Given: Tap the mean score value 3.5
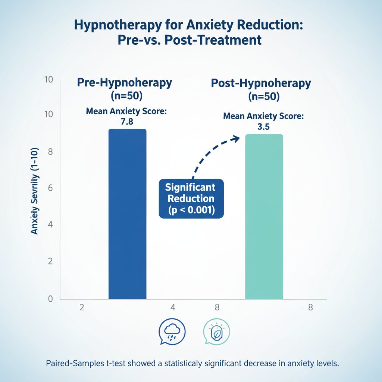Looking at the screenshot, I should tap(263, 126).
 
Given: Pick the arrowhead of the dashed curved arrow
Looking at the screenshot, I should tap(236, 138).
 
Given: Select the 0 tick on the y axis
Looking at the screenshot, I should tap(51, 298).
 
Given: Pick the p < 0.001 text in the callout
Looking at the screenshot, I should tap(191, 210).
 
